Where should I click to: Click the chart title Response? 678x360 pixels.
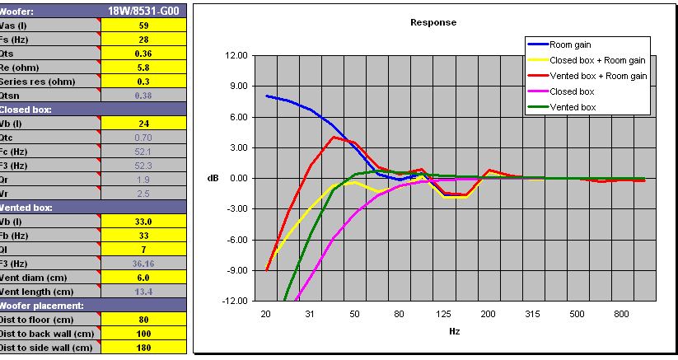coord(433,22)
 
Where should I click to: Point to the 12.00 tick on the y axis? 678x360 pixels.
coord(235,55)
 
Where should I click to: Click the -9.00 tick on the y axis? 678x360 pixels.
coord(235,270)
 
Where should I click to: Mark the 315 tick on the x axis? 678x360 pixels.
coord(533,314)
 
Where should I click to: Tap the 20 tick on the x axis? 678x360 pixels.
coord(266,314)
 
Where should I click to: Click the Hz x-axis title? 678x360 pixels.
coord(454,331)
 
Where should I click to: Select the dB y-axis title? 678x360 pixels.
coord(213,178)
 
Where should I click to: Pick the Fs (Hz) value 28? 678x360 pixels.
coord(143,39)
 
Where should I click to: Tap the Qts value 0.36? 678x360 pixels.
coord(143,52)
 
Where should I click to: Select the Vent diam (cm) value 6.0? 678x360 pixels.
coord(143,278)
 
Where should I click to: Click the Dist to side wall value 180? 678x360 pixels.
coord(143,348)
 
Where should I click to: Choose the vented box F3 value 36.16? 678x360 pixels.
coord(143,264)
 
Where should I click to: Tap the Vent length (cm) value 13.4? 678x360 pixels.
coord(143,292)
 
